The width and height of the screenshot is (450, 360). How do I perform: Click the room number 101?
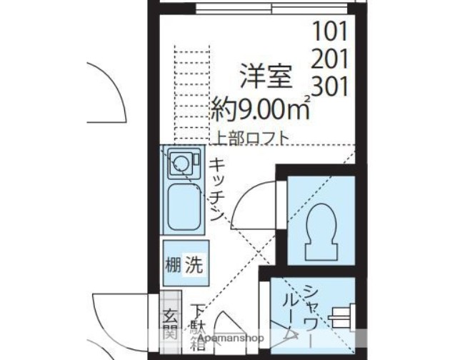coord(329,32)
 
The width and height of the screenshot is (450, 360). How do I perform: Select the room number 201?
coord(329,59)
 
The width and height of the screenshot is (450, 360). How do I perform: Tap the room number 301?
coord(329,86)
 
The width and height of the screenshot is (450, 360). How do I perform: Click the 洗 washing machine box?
coord(193,266)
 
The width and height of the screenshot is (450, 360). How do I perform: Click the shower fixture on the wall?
coord(344,311)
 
